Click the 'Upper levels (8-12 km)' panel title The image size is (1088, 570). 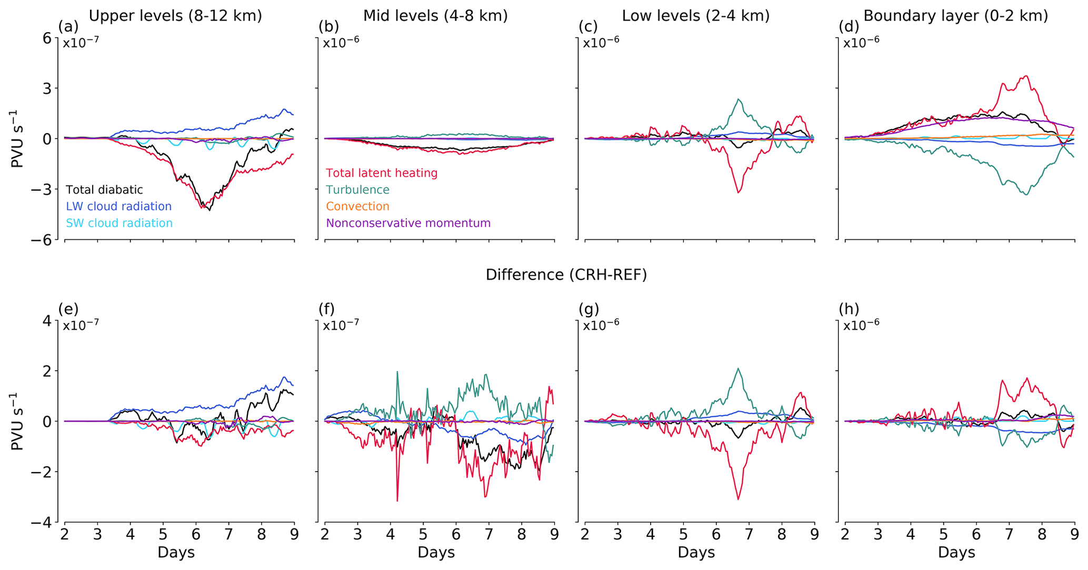click(x=175, y=16)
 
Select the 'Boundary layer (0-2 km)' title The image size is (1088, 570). click(x=956, y=16)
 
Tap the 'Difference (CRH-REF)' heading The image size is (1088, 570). click(x=566, y=275)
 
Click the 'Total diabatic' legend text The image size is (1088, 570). click(x=104, y=190)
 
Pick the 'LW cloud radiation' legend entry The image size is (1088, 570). click(x=118, y=207)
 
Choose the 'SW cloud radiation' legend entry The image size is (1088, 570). click(x=119, y=223)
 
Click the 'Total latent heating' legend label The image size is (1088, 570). click(x=382, y=173)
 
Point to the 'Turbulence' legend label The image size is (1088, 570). click(x=358, y=190)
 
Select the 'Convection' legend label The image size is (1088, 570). click(x=358, y=207)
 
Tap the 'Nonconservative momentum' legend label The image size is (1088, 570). click(x=408, y=223)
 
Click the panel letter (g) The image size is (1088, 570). click(x=588, y=309)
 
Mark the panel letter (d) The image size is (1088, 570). click(x=849, y=26)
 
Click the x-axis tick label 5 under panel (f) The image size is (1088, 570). click(x=423, y=535)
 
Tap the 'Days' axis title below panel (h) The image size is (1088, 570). click(x=956, y=553)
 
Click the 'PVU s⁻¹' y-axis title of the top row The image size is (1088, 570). click(x=18, y=139)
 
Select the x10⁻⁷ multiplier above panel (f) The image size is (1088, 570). click(x=341, y=325)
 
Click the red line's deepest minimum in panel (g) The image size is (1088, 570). click(x=738, y=499)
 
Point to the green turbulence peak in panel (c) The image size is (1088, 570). click(x=740, y=99)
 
